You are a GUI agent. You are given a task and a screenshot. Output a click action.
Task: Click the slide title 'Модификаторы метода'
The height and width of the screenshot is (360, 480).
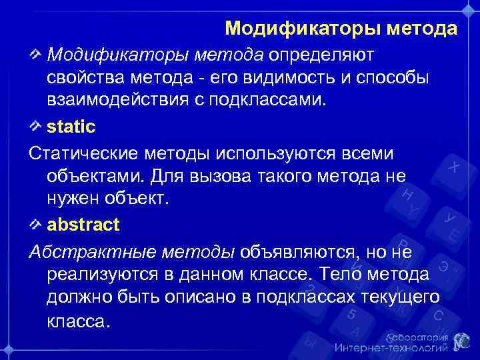[x=341, y=29]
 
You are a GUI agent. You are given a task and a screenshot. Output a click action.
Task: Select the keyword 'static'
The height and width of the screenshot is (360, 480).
[x=71, y=126]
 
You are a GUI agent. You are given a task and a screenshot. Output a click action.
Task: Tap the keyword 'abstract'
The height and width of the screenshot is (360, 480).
[x=83, y=225]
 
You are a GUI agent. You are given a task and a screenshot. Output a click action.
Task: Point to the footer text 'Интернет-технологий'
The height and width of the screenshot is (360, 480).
[x=391, y=347]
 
